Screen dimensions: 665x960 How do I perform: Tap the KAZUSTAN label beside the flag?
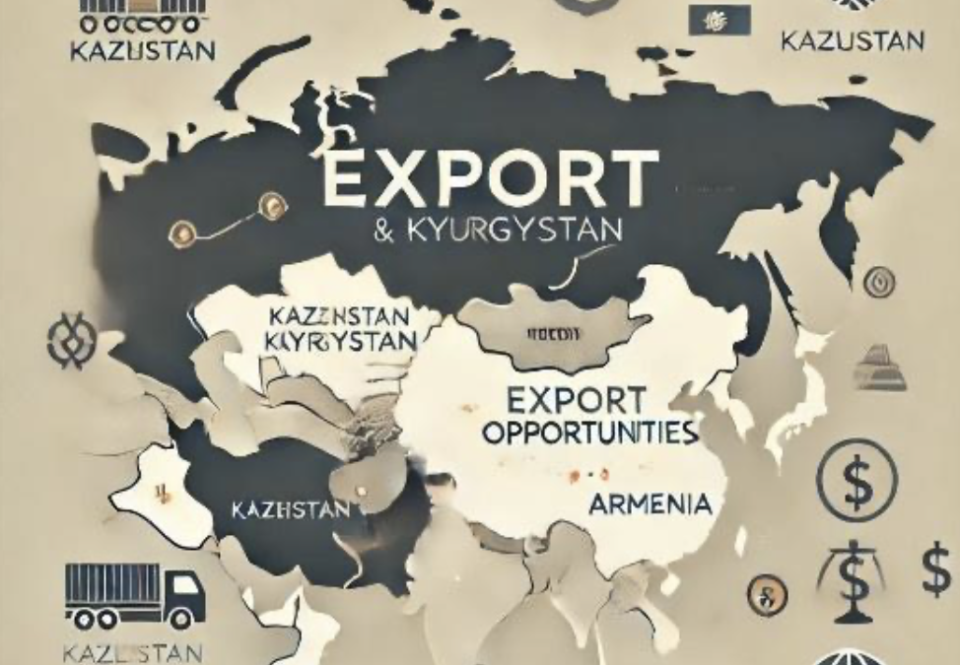(852, 40)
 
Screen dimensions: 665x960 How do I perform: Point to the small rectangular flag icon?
(719, 19)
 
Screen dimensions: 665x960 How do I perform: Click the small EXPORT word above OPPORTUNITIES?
(577, 400)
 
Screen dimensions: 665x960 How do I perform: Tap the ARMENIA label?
(650, 504)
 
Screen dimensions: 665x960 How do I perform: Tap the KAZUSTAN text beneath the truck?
(132, 651)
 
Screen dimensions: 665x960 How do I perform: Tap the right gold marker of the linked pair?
(270, 205)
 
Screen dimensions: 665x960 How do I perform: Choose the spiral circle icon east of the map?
(878, 284)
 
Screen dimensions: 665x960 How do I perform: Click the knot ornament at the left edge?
(71, 340)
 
